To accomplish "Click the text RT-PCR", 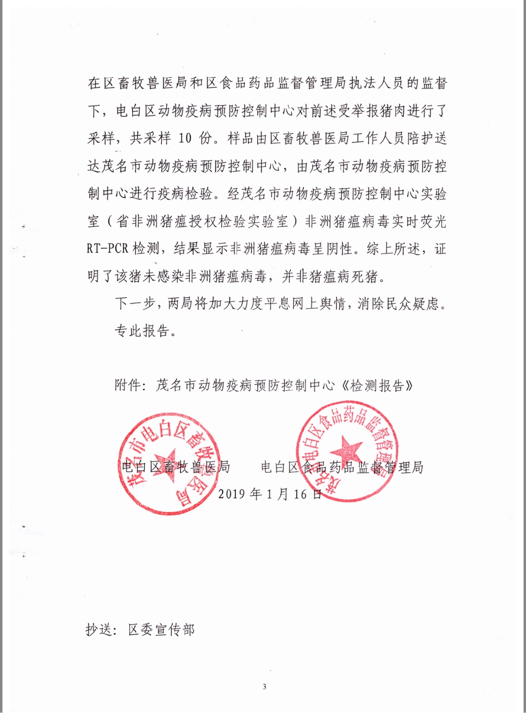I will (107, 249).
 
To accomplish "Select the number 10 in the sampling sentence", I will (185, 139).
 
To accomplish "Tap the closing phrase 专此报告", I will (142, 331).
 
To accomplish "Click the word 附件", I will (128, 386).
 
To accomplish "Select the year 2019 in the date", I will (232, 494).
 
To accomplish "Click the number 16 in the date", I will (300, 494).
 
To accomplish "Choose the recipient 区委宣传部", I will (161, 630).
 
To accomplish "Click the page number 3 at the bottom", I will (264, 687).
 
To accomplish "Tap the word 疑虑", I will (425, 304).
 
